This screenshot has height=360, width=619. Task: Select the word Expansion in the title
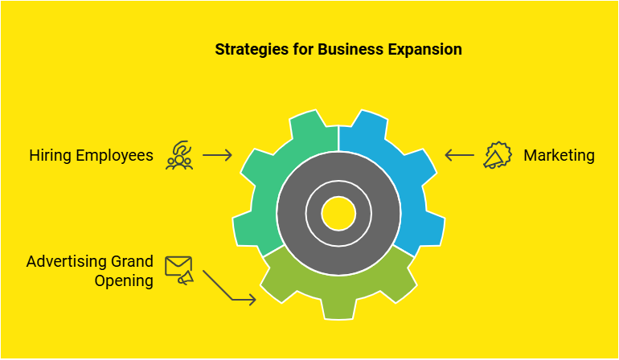pos(424,50)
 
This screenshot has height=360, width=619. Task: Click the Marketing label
pos(559,156)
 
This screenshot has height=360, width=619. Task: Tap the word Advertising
pos(67,262)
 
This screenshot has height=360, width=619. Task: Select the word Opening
pos(124,281)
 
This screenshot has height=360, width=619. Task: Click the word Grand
pos(133,261)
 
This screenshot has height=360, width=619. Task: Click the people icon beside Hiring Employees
pos(179,156)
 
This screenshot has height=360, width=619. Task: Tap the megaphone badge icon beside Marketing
pos(498,155)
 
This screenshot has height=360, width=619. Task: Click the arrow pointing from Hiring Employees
pos(217,155)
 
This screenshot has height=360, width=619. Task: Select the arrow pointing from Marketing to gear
pos(460,155)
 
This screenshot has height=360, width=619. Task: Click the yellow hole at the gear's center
pos(338,214)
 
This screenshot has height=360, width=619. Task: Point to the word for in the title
pos(303,49)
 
